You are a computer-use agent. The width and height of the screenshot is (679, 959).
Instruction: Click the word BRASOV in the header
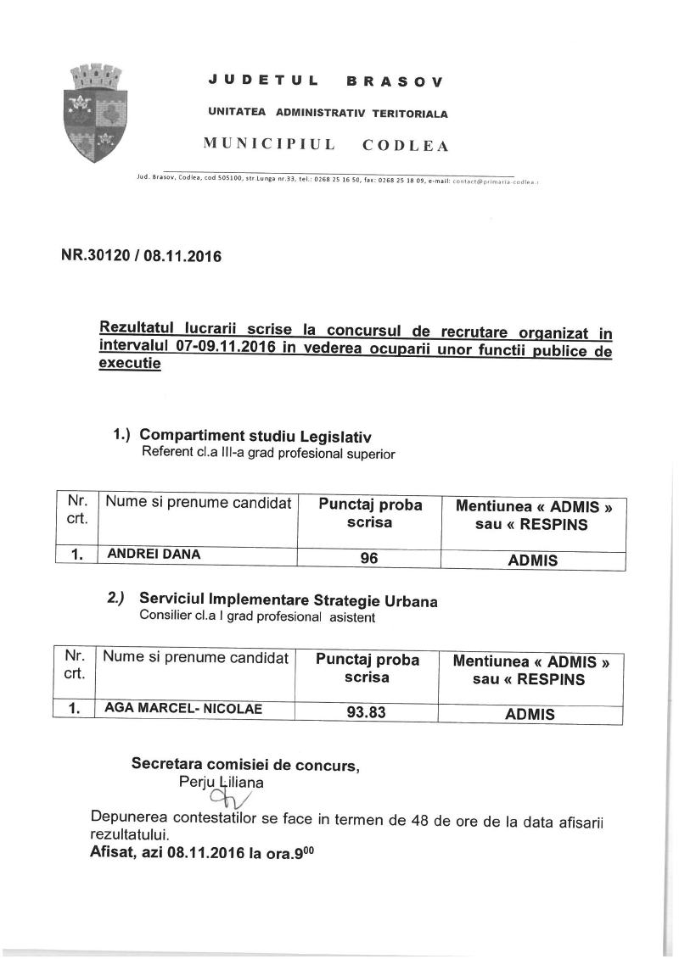[395, 82]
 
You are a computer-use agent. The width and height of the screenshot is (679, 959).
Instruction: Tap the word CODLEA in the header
[405, 145]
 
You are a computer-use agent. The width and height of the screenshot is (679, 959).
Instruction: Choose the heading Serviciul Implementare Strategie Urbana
[289, 601]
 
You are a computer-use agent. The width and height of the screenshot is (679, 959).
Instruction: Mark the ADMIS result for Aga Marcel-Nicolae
[530, 714]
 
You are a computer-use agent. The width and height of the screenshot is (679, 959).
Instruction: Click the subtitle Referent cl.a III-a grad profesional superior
[268, 453]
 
